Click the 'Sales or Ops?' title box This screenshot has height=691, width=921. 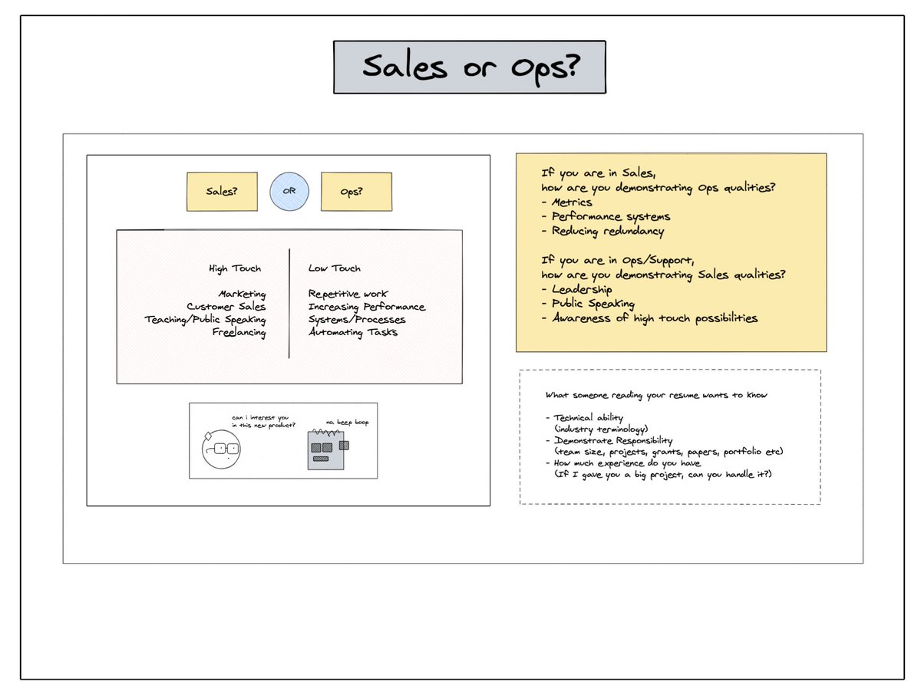[470, 67]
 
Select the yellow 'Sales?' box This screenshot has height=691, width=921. [222, 192]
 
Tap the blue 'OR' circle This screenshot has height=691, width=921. [289, 191]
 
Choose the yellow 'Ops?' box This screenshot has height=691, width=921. [355, 192]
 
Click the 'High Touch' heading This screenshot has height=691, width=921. [235, 268]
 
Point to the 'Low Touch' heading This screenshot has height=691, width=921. [334, 268]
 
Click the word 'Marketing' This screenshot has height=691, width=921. [242, 294]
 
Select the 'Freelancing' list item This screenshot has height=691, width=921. [239, 332]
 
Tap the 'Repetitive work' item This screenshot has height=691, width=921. [348, 294]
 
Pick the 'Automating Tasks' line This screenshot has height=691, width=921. [353, 332]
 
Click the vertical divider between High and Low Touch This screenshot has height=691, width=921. [289, 303]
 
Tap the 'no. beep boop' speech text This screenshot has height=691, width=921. [347, 422]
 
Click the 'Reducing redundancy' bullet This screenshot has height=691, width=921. [602, 231]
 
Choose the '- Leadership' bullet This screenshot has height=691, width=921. [576, 289]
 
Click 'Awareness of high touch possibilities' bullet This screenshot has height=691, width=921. [649, 318]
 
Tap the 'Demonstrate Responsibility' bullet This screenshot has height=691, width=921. [609, 440]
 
